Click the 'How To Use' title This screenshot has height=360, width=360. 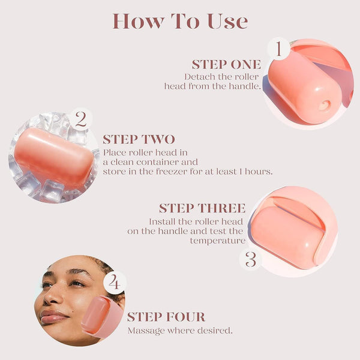click(x=180, y=21)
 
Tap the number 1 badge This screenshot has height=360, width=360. click(x=278, y=49)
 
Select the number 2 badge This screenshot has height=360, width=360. click(x=80, y=119)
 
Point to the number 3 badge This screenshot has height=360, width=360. click(x=251, y=259)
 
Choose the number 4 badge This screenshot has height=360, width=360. click(x=115, y=282)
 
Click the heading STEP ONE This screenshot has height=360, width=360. click(x=226, y=64)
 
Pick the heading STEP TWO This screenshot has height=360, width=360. click(x=139, y=139)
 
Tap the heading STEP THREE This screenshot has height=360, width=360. click(x=202, y=208)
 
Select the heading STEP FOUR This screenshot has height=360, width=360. click(x=166, y=317)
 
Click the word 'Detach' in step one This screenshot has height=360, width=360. click(x=197, y=77)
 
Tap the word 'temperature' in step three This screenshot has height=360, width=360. click(x=218, y=241)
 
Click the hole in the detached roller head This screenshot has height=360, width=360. click(x=324, y=106)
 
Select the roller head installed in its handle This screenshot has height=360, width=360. click(x=287, y=231)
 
